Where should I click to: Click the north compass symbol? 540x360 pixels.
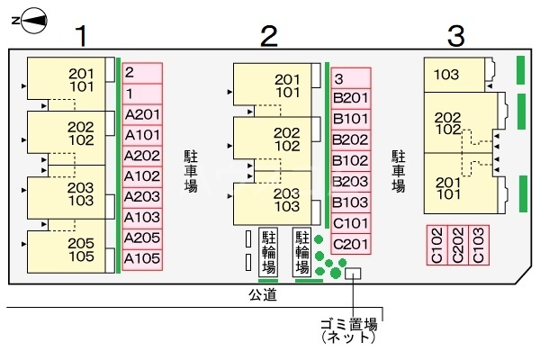click(31, 17)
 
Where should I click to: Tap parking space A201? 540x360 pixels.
click(142, 114)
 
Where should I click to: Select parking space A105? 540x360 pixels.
click(142, 259)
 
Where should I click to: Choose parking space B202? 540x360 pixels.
click(351, 139)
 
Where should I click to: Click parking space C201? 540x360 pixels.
click(351, 244)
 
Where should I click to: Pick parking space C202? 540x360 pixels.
click(458, 244)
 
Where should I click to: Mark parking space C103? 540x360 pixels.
click(479, 244)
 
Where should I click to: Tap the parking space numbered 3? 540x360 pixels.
click(351, 77)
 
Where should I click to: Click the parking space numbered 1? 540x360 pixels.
click(142, 94)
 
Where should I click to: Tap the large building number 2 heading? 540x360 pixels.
click(267, 37)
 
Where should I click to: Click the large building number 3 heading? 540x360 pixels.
click(456, 37)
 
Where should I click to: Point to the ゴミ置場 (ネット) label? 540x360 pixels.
click(348, 331)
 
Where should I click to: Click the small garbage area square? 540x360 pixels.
click(353, 273)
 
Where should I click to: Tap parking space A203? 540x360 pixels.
click(142, 197)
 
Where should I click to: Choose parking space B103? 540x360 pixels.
click(351, 202)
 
